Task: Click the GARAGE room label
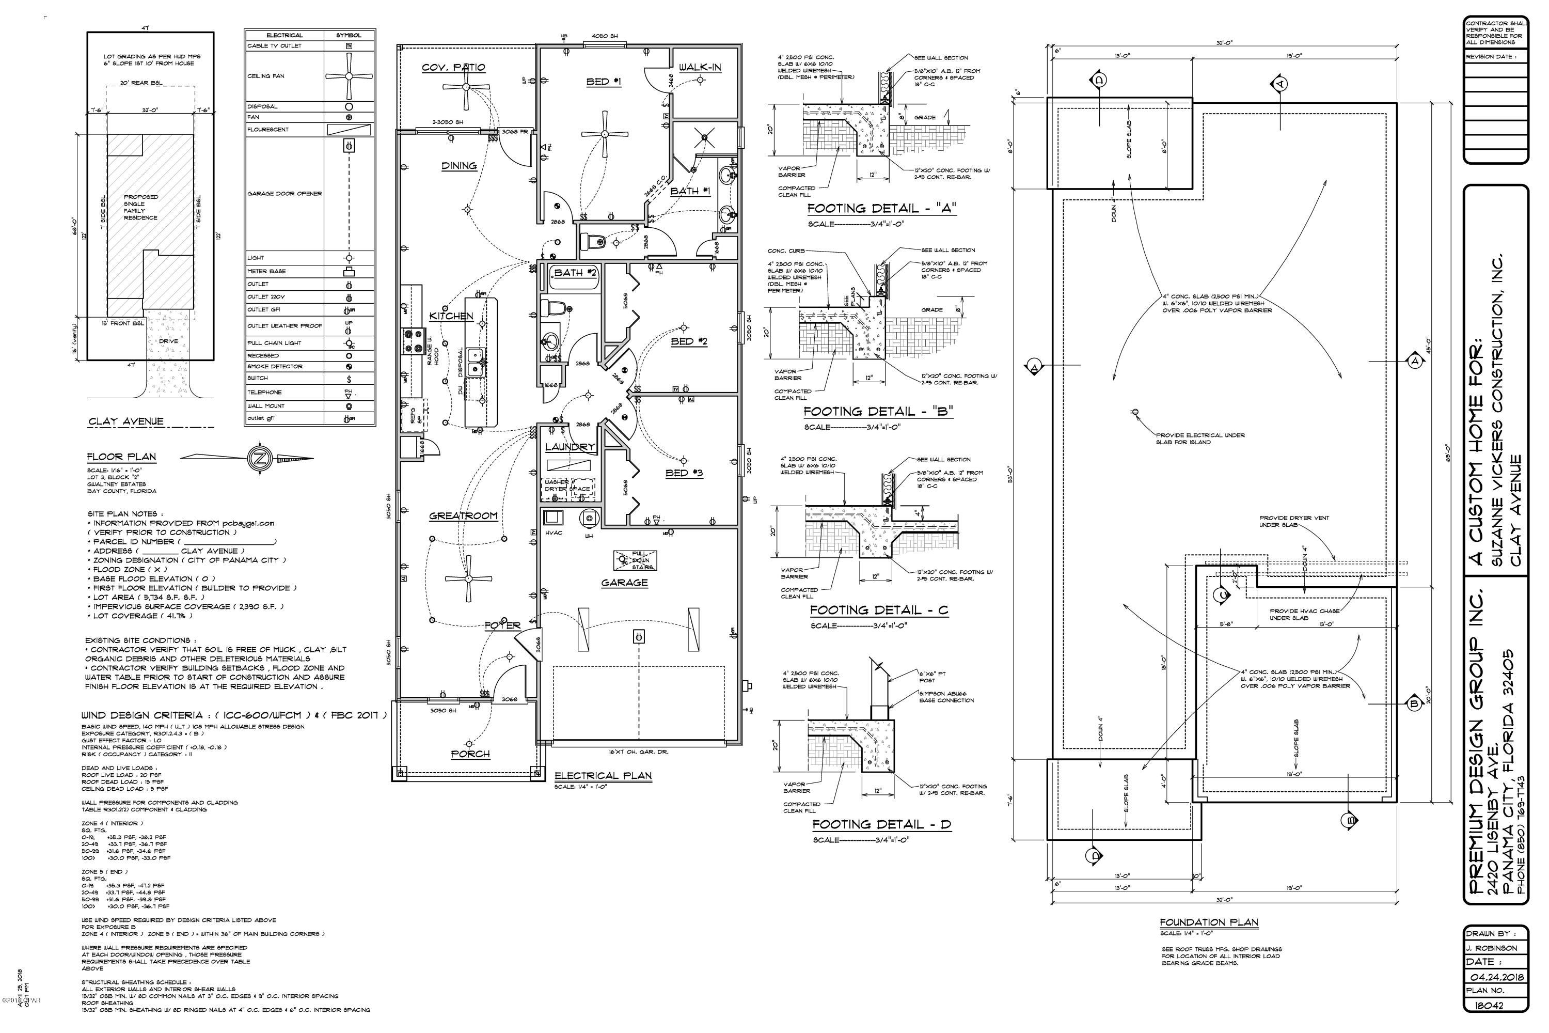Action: [624, 583]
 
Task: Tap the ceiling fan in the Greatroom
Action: [469, 578]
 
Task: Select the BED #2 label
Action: [689, 341]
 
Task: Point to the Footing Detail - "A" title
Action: [881, 208]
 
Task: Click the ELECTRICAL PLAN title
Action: [603, 775]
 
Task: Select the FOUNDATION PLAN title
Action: [1209, 922]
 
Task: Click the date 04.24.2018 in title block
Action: [1495, 977]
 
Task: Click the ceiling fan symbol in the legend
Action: [349, 76]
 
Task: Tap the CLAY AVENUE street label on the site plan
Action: [126, 421]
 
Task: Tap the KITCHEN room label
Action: [451, 316]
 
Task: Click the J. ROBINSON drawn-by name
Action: [1492, 948]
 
